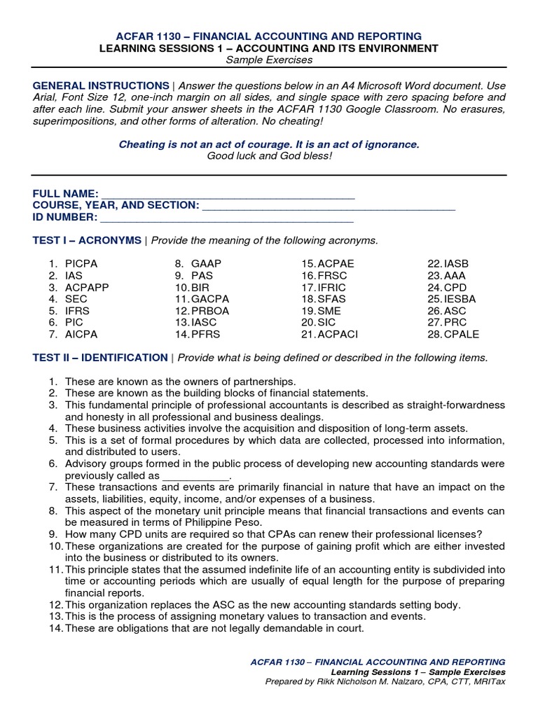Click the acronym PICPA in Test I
(81, 263)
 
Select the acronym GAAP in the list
(206, 263)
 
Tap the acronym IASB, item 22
(458, 263)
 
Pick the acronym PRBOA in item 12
(210, 311)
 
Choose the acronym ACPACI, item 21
(338, 335)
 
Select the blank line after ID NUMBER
(227, 217)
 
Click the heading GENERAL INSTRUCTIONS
(101, 85)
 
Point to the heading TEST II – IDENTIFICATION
(100, 358)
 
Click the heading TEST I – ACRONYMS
(87, 240)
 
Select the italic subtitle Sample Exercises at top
(269, 61)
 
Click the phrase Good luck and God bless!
(269, 155)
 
